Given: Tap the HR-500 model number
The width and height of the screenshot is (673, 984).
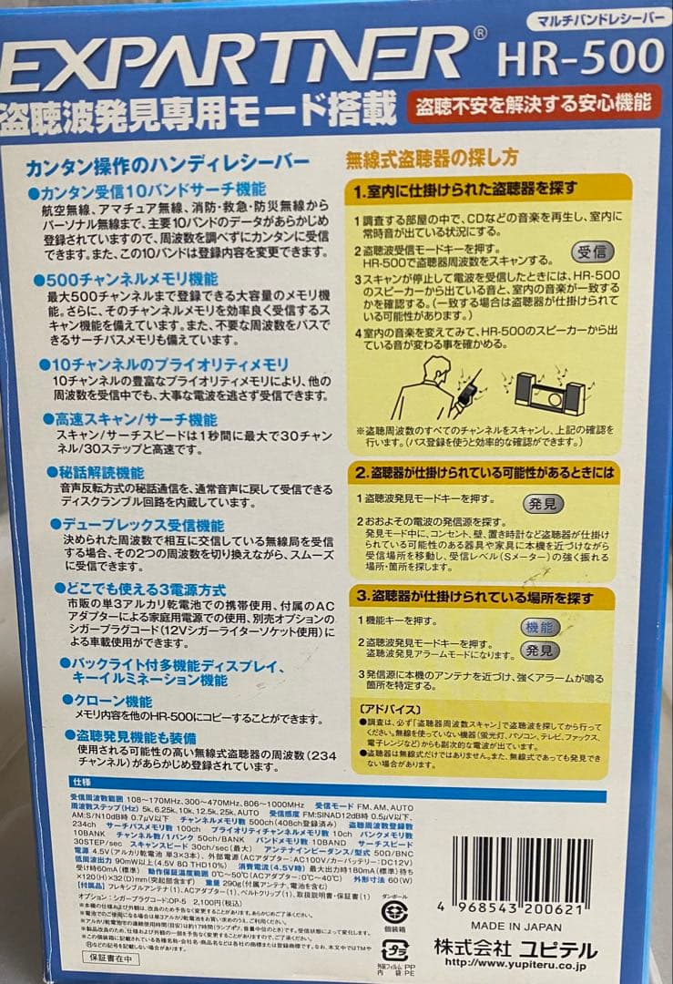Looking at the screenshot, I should click(x=580, y=59).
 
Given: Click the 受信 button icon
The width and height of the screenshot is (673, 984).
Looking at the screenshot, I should click(x=592, y=251).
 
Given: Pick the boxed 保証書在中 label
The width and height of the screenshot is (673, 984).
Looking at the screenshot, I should click(x=111, y=958).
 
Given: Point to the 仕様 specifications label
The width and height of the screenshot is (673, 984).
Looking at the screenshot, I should click(x=81, y=782).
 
